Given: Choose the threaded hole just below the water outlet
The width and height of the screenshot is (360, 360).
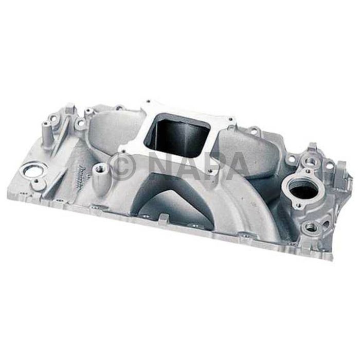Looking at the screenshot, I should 310,226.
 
